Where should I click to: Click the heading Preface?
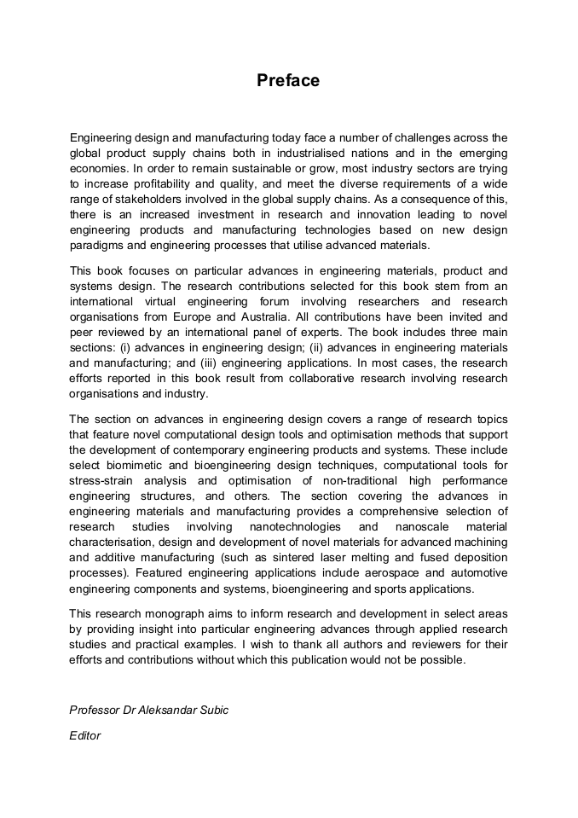tap(288, 81)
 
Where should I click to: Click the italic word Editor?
tap(85, 735)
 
